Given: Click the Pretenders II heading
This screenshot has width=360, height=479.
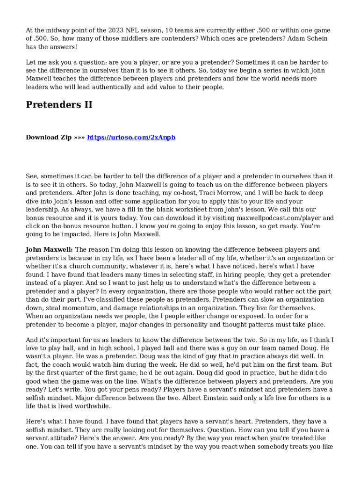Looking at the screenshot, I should tap(59, 105).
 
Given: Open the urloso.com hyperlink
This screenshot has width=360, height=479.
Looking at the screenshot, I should tap(131, 137).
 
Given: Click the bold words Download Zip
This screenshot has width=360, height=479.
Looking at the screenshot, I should tap(49, 137).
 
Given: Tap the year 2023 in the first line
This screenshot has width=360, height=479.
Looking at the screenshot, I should tap(115, 30).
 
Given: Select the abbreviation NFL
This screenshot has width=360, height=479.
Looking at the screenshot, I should tap(134, 30).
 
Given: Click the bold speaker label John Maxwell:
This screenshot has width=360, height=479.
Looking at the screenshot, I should tap(49, 250).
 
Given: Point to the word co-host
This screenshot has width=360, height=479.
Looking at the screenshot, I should tap(183, 193).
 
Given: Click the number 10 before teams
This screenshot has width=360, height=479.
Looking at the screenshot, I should tap(170, 30).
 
